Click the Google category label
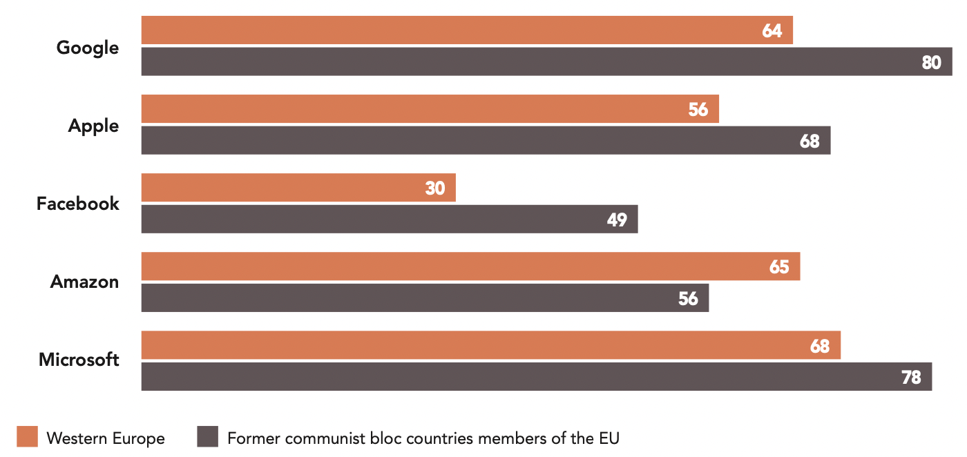tap(88, 48)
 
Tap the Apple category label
tap(93, 126)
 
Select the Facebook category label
tap(78, 204)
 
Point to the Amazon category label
tap(84, 282)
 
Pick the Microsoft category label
tap(79, 360)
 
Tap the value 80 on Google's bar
tap(931, 62)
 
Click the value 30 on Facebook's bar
tap(435, 188)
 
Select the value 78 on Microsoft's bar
tap(911, 377)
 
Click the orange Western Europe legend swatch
tap(28, 437)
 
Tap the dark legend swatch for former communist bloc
tap(207, 437)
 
